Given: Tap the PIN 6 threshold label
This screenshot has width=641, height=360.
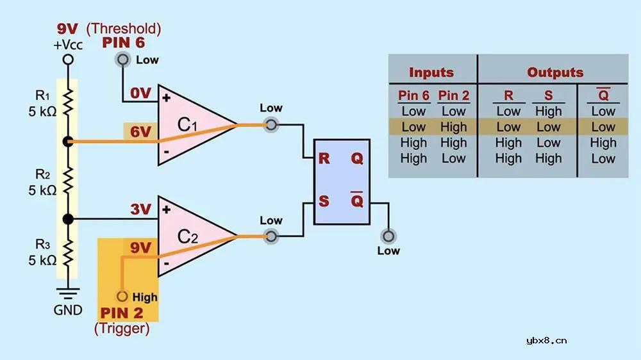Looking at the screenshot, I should coord(123,44).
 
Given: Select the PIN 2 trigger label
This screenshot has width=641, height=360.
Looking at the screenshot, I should coord(122,314).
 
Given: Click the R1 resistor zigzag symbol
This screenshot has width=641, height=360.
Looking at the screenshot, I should coord(67,102).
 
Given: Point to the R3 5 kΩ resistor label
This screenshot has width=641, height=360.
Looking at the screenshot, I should coord(42,254).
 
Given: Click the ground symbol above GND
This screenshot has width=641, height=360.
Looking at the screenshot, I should coord(67,293).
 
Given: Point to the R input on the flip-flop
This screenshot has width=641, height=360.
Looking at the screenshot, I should coord(324,158).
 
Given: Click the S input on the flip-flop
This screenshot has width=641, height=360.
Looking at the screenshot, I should coord(324,201).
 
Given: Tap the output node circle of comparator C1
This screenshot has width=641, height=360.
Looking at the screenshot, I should coord(271,125).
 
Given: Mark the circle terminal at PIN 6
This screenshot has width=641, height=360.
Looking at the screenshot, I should coord(122,60).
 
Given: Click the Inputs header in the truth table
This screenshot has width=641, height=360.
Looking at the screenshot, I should coord(431,72).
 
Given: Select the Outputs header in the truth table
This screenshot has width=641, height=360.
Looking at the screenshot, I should coord(555,72).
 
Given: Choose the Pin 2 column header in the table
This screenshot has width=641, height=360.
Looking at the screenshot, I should coord(453,96).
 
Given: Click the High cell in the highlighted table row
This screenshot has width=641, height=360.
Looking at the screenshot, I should coord(453,127).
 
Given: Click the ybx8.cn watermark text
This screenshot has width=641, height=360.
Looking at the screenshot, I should coord(545,340).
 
